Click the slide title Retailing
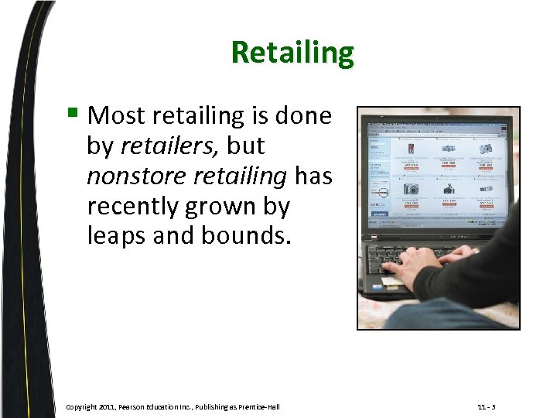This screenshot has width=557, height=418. [x=292, y=53]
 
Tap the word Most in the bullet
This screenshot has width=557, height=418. [x=115, y=116]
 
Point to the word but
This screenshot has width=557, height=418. [x=245, y=146]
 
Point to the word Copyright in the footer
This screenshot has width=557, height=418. [x=81, y=407]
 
